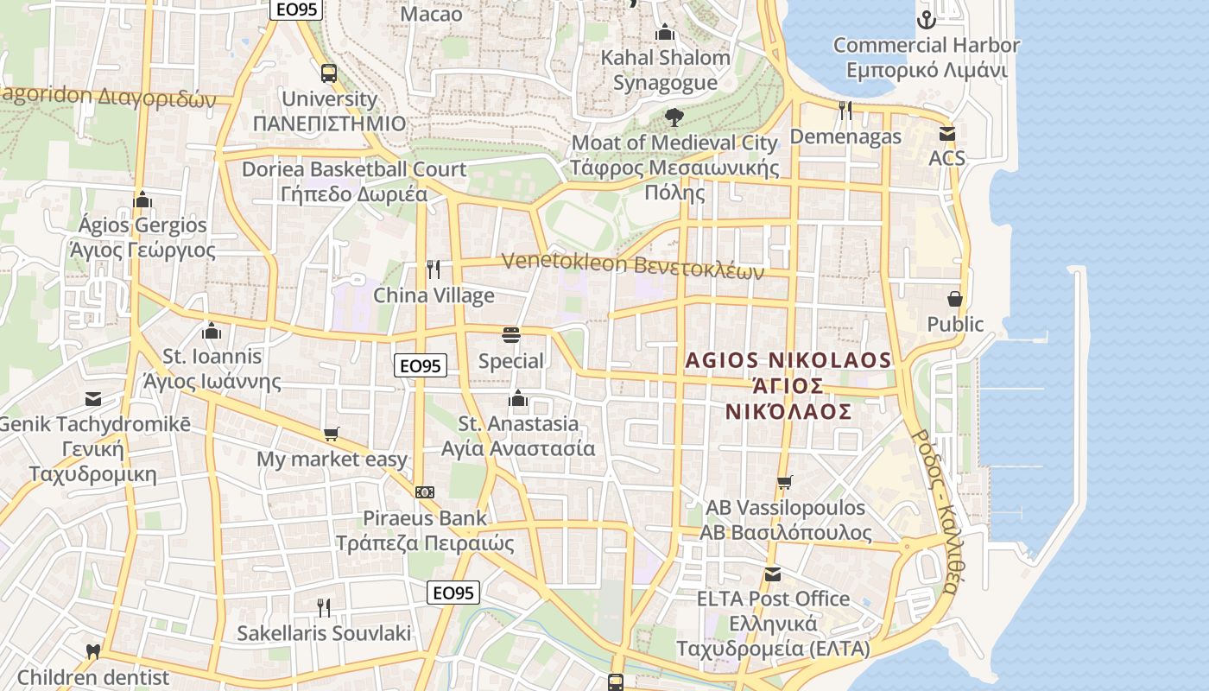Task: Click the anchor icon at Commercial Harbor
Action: pos(927,19)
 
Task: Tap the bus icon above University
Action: pos(329,73)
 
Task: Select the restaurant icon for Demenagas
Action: pos(845,111)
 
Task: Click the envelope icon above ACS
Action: pos(947,134)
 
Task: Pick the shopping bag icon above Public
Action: pos(955,299)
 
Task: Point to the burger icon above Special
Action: pos(511,335)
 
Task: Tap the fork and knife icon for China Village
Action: pos(434,270)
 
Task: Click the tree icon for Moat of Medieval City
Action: pos(674,117)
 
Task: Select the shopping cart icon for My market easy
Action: pos(332,434)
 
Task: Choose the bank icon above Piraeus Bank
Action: pos(424,492)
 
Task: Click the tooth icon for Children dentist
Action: pos(93,652)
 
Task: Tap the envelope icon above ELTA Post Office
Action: pos(773,574)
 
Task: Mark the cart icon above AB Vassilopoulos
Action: pos(785,482)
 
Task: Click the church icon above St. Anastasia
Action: pos(518,398)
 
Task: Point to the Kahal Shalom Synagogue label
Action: pos(665,70)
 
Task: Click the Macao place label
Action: pos(432,14)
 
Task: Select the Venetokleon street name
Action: pos(632,264)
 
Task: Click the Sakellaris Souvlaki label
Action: pos(324,633)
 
